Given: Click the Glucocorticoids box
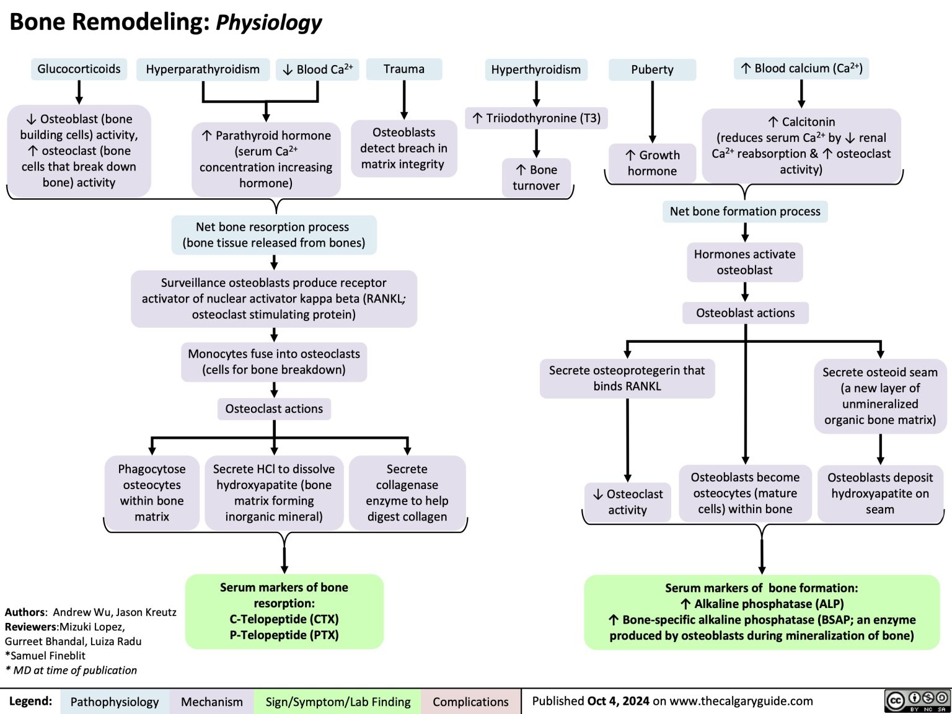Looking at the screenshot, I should coord(79,69).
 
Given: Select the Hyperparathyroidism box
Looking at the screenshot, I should coord(203,69).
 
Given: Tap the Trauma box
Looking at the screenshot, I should coord(404,69).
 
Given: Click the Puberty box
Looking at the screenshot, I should coord(652,69).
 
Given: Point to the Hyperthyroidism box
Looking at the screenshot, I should coord(535,69).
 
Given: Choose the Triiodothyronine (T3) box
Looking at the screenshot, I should coord(536,118).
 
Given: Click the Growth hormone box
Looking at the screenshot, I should coord(652,163).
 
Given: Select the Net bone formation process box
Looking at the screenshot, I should coord(745,211).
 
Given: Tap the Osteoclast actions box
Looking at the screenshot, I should coord(274,409).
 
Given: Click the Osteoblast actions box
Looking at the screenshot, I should coord(745,313).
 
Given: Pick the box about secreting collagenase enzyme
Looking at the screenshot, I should coord(407,493).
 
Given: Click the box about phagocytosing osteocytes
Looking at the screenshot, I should coord(152,493).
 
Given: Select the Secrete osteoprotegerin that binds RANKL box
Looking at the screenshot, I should coord(627,378).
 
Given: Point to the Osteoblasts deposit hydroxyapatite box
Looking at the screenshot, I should coord(880,493).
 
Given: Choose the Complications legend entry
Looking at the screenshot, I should coord(470,702).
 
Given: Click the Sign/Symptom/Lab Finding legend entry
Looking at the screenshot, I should coord(338,702).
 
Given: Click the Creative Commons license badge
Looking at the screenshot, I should coord(917,700).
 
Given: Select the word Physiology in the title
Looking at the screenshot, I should coord(268,22).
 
